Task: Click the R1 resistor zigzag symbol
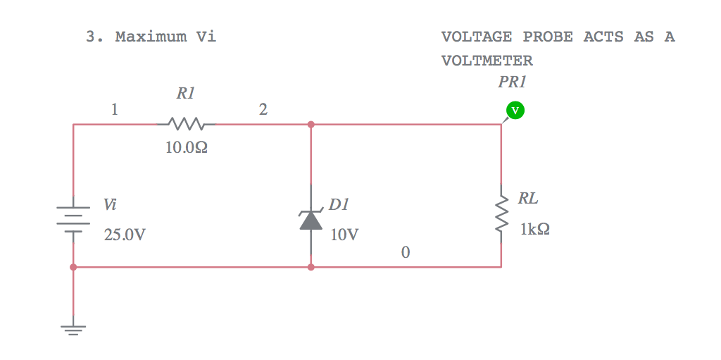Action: pyautogui.click(x=186, y=125)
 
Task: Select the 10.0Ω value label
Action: pyautogui.click(x=186, y=149)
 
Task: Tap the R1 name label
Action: pyautogui.click(x=185, y=93)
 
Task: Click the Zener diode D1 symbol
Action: pyautogui.click(x=311, y=220)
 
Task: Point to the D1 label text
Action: pyautogui.click(x=339, y=205)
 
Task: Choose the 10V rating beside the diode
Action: pyautogui.click(x=344, y=235)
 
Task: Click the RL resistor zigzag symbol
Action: pyautogui.click(x=501, y=213)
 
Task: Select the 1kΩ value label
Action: pyautogui.click(x=535, y=229)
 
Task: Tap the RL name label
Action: pyautogui.click(x=528, y=199)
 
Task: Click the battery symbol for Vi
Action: pyautogui.click(x=73, y=219)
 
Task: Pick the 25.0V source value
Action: pyautogui.click(x=125, y=235)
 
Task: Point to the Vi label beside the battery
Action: pyautogui.click(x=110, y=205)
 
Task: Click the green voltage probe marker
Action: pyautogui.click(x=515, y=110)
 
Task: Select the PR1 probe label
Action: pyautogui.click(x=512, y=82)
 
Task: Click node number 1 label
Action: pyautogui.click(x=115, y=110)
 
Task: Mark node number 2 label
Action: pyautogui.click(x=263, y=110)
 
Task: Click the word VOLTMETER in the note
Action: pyautogui.click(x=487, y=61)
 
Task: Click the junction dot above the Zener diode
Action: pyautogui.click(x=311, y=125)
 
